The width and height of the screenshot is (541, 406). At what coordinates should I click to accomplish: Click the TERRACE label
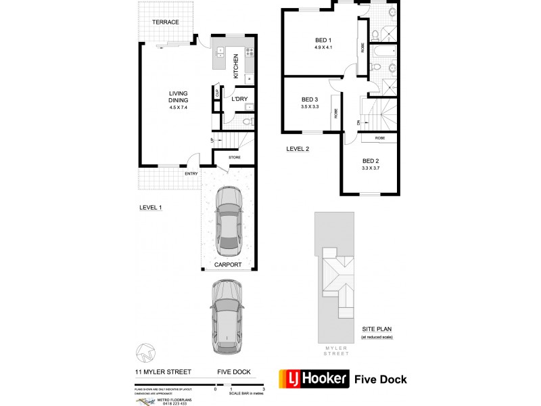click(166, 22)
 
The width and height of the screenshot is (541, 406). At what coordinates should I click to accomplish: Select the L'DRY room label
click(239, 99)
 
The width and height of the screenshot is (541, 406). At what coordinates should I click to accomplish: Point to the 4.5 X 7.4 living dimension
click(179, 108)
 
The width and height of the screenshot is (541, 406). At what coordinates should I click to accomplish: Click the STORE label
click(234, 158)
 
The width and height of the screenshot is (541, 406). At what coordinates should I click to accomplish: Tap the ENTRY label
click(191, 174)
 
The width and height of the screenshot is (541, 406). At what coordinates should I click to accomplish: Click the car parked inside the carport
click(229, 221)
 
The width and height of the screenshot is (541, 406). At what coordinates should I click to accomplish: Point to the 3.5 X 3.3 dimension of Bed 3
click(310, 106)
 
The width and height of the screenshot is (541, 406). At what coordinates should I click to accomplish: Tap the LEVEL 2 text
click(298, 149)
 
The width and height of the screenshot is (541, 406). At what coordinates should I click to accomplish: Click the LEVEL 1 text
click(151, 208)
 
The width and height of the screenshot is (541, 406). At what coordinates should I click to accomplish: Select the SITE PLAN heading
click(377, 330)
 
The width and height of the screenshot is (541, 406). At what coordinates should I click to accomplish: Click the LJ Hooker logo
click(314, 379)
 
